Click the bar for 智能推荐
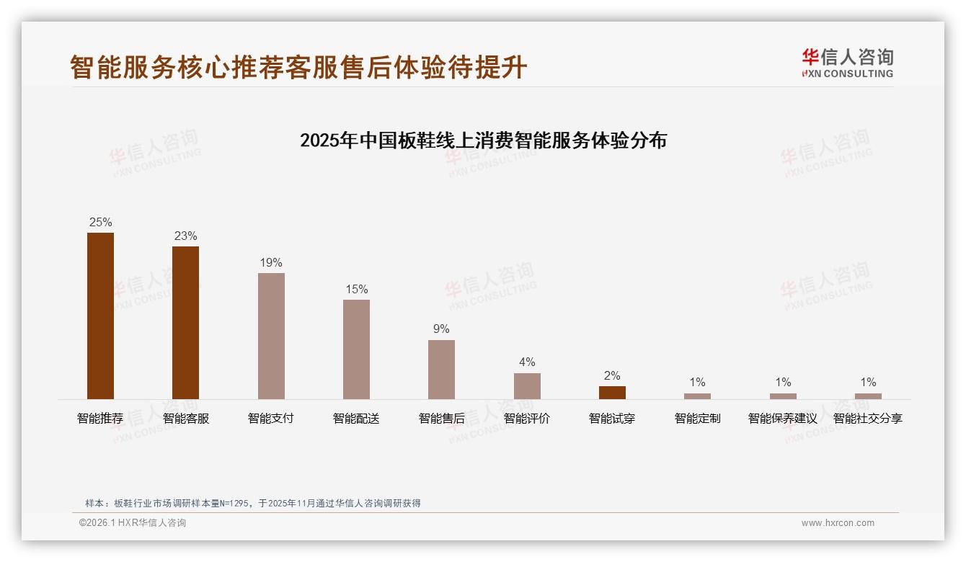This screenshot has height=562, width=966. click(100, 316)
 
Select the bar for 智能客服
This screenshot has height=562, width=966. click(185, 322)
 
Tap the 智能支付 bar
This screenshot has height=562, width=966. click(271, 336)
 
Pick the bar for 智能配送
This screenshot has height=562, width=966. click(356, 349)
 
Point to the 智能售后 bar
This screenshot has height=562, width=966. click(441, 369)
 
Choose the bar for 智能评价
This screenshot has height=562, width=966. click(527, 385)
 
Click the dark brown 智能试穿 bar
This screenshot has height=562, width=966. click(612, 392)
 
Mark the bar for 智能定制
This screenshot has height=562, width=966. click(697, 396)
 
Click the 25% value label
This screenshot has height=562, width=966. click(100, 222)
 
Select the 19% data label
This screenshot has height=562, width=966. click(271, 262)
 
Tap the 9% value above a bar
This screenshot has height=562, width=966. click(441, 329)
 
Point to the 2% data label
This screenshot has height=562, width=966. click(612, 375)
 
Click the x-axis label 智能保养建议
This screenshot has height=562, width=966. click(783, 418)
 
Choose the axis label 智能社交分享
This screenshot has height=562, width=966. click(868, 418)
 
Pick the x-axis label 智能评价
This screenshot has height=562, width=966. click(527, 418)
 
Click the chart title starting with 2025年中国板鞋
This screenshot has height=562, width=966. click(483, 140)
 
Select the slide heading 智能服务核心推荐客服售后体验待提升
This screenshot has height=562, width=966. click(298, 67)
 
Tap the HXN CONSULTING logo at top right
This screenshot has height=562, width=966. click(847, 63)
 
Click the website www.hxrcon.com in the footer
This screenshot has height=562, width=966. click(838, 523)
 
